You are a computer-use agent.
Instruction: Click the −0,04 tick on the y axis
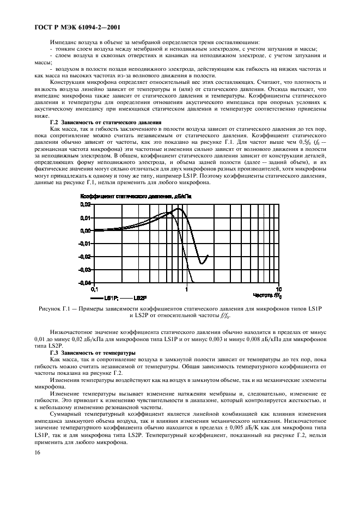85,283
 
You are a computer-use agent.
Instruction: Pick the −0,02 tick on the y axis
85,257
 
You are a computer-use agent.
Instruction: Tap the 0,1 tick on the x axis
94,289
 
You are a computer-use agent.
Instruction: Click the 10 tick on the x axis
278,289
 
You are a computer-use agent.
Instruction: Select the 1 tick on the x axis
187,289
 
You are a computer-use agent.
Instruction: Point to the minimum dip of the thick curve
202,264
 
